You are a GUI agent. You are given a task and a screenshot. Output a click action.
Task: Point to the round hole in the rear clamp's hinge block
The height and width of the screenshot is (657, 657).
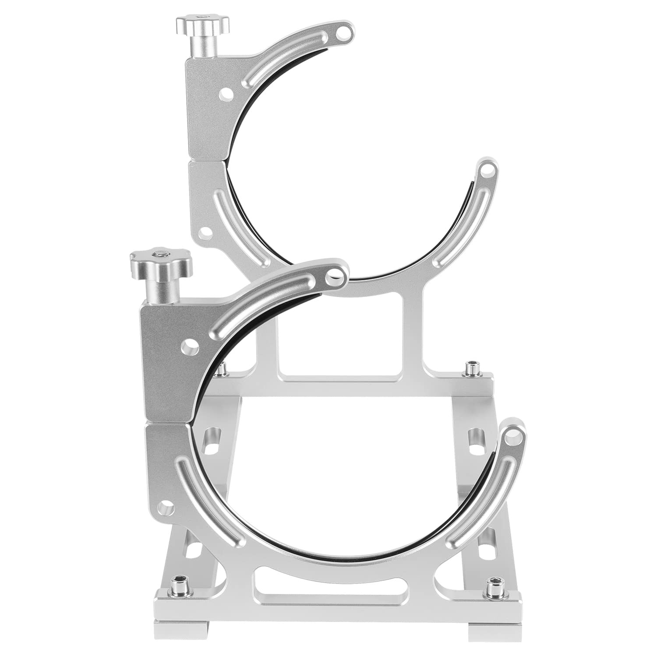pos(226,94)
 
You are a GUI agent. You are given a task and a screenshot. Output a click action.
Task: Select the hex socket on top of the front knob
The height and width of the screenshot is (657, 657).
pos(159,254)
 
